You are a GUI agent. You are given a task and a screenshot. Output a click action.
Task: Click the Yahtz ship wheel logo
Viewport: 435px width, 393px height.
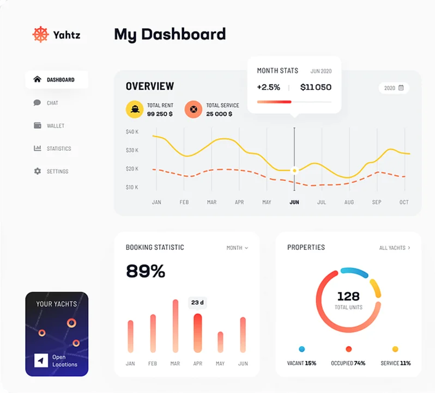click(x=41, y=34)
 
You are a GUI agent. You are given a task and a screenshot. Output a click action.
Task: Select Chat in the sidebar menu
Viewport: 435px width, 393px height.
click(x=52, y=103)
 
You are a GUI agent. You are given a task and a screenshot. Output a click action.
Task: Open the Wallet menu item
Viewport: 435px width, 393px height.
click(x=55, y=126)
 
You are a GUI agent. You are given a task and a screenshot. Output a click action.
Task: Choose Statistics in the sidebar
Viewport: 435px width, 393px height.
click(x=58, y=149)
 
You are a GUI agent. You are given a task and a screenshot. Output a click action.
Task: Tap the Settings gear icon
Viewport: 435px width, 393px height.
click(x=37, y=171)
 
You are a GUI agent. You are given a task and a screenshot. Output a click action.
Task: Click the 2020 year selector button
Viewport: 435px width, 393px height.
click(x=394, y=88)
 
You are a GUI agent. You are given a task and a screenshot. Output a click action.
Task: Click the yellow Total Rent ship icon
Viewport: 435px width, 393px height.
click(x=135, y=109)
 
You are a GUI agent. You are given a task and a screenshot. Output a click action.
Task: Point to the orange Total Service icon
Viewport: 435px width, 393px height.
click(x=193, y=109)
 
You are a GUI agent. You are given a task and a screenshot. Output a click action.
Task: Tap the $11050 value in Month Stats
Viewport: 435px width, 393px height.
click(x=316, y=87)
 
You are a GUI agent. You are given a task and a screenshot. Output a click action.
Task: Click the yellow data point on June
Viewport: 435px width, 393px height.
click(x=294, y=170)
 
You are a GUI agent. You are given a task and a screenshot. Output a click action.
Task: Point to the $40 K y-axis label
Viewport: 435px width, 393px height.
click(x=132, y=132)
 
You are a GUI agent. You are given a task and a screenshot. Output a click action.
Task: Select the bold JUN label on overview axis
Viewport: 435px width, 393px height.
click(x=294, y=202)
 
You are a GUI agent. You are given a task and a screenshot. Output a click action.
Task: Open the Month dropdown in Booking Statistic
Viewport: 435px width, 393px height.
click(x=237, y=248)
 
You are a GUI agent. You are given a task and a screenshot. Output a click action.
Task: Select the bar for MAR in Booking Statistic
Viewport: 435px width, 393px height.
click(x=176, y=326)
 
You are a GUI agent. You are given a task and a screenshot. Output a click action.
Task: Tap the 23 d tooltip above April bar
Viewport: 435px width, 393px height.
click(x=197, y=303)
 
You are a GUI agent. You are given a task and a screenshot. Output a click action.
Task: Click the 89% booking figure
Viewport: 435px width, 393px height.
click(x=146, y=271)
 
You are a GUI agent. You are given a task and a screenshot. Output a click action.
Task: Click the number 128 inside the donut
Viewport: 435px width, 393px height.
click(x=348, y=296)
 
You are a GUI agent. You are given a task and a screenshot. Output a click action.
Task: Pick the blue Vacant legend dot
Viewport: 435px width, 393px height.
click(x=301, y=349)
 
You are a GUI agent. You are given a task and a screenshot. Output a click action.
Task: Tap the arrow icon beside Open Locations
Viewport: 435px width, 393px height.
click(x=41, y=360)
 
